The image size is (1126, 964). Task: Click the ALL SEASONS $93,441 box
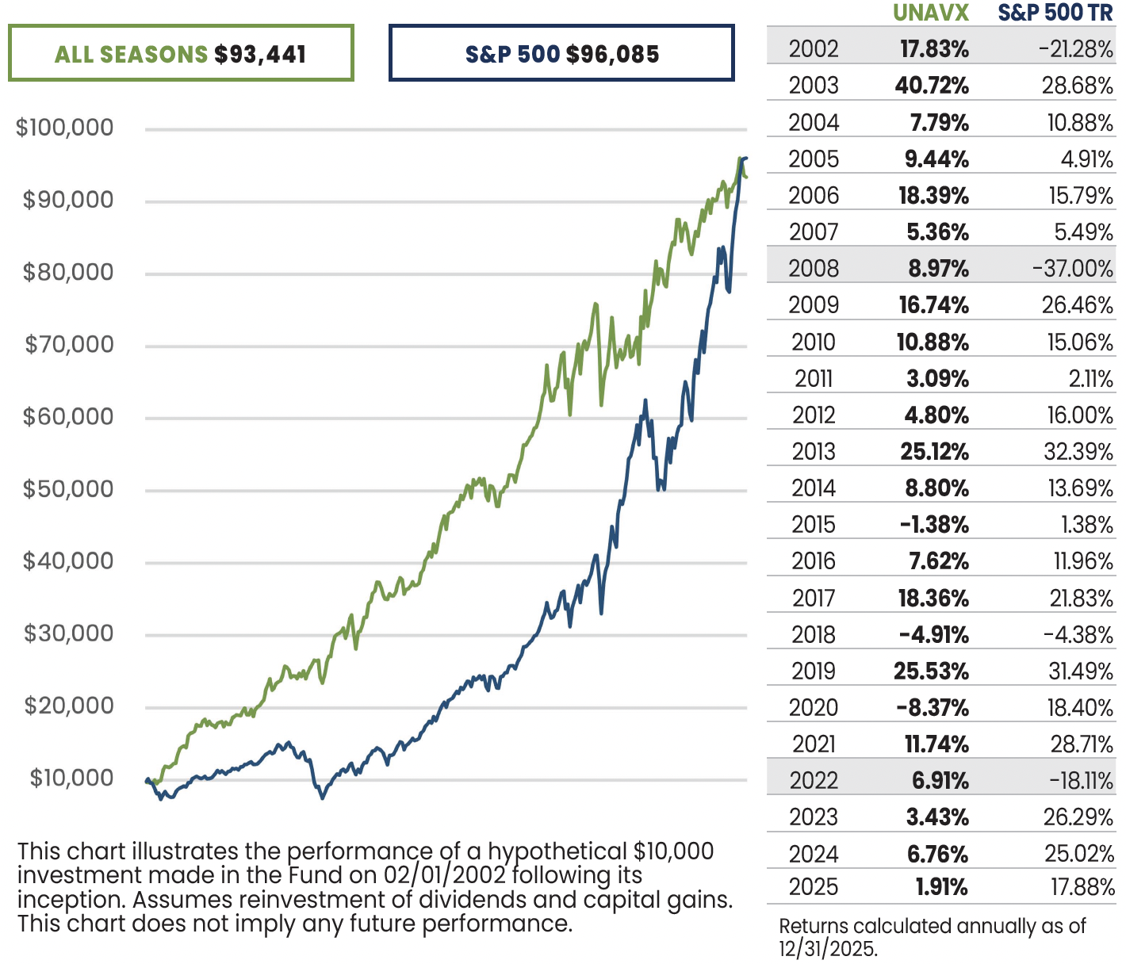[181, 54]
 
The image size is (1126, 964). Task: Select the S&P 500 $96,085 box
[561, 54]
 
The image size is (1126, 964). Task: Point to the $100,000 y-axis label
[64, 128]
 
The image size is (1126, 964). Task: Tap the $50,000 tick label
[68, 489]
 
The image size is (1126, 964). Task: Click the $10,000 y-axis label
[71, 778]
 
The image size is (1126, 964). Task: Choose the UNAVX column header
[931, 13]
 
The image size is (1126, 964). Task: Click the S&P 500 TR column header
[1055, 13]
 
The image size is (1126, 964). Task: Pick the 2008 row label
[814, 269]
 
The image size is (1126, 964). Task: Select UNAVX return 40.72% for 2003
[932, 86]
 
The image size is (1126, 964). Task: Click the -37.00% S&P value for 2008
[1073, 269]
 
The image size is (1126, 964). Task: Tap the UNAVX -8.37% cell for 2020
[933, 708]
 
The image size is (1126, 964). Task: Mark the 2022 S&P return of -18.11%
[1081, 781]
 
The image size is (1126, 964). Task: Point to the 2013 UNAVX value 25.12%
[934, 452]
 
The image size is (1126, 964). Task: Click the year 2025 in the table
[814, 887]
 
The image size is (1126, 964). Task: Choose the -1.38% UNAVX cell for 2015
[934, 525]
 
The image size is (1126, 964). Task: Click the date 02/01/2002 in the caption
[445, 876]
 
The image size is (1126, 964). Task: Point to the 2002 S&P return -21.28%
[1076, 49]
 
